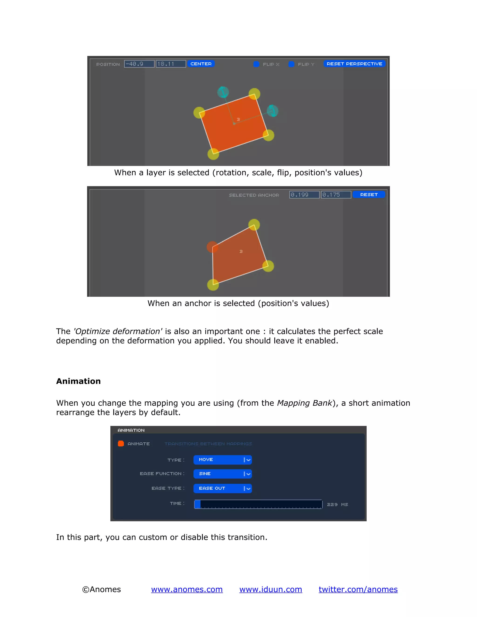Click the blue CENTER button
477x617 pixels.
[201, 64]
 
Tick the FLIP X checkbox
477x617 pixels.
[256, 64]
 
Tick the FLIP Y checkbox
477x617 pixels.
[291, 64]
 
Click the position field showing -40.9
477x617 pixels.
[139, 64]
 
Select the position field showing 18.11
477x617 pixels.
[171, 64]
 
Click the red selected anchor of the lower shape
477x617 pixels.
[212, 247]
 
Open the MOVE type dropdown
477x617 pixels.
[222, 460]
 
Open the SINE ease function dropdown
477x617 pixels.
[222, 474]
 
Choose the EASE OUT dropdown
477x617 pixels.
[222, 488]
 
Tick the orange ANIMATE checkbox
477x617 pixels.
[121, 444]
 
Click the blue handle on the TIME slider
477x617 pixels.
[198, 504]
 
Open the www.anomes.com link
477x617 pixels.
[187, 589]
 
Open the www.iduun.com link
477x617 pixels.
[271, 589]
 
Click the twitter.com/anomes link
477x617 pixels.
[358, 589]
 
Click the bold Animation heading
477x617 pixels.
[78, 381]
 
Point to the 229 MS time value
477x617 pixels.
[337, 505]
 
